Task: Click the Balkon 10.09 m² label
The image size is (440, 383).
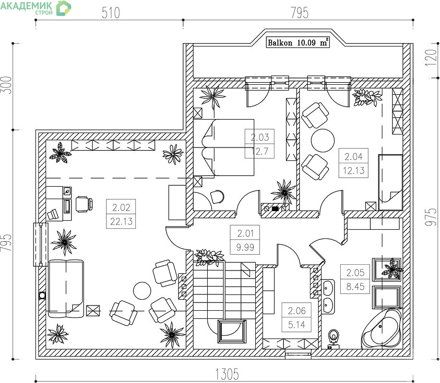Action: click(297, 43)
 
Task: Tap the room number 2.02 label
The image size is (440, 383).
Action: click(121, 207)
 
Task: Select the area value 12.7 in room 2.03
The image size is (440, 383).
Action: click(260, 151)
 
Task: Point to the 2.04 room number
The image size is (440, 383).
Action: click(354, 157)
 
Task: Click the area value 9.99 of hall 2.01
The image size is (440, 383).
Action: click(245, 247)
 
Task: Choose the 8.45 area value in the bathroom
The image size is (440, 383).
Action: click(355, 286)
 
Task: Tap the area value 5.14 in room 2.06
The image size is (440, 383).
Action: click(297, 325)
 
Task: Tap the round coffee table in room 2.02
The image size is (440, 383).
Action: click(142, 290)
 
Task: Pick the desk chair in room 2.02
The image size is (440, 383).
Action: click(84, 204)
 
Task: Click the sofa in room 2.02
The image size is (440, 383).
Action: click(66, 289)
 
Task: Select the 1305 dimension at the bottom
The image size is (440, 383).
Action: click(227, 374)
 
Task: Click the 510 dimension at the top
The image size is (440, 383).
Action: click(110, 13)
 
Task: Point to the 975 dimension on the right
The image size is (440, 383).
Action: click(431, 217)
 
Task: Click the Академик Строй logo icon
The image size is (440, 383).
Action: click(63, 8)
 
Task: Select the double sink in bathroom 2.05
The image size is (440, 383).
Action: click(328, 297)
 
